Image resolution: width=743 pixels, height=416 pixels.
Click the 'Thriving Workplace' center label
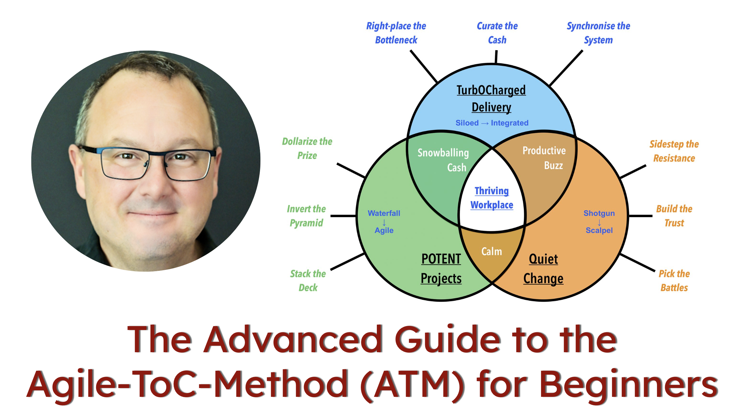pyautogui.click(x=491, y=198)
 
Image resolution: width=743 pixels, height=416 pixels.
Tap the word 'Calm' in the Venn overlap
pyautogui.click(x=491, y=251)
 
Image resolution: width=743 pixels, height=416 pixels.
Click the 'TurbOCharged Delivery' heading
pyautogui.click(x=491, y=98)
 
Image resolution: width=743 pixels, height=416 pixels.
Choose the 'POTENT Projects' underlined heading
pyautogui.click(x=441, y=269)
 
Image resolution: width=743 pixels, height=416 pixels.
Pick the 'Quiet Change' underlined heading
pyautogui.click(x=543, y=269)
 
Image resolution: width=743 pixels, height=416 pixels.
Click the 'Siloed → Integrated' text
pyautogui.click(x=492, y=123)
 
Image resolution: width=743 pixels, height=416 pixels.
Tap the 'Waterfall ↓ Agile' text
pyautogui.click(x=384, y=222)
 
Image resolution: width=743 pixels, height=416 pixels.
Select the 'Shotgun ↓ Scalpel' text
pyautogui.click(x=599, y=222)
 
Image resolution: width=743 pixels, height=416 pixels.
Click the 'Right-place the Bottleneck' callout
pyautogui.click(x=396, y=33)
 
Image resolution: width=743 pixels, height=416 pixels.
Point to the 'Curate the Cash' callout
pyautogui.click(x=497, y=33)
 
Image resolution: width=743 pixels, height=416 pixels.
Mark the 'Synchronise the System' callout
pyautogui.click(x=598, y=33)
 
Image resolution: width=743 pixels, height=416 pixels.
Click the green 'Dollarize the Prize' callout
pyautogui.click(x=307, y=148)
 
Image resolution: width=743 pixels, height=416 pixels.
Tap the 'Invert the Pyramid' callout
pyautogui.click(x=306, y=216)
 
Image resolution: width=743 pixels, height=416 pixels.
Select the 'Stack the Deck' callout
pyautogui.click(x=308, y=281)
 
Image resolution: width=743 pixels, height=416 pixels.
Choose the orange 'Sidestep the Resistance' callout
pyautogui.click(x=674, y=151)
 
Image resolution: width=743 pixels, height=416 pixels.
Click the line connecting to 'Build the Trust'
pyautogui.click(x=641, y=216)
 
